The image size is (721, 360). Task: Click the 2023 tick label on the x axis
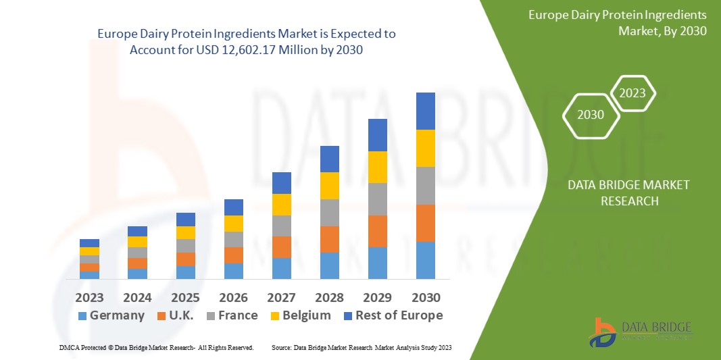click(89, 297)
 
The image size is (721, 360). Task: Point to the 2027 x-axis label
click(281, 297)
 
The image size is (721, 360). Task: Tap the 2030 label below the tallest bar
click(426, 297)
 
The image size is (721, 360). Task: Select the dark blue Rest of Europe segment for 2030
click(426, 111)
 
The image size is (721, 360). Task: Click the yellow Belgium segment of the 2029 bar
click(377, 167)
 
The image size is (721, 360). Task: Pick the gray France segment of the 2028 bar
click(329, 212)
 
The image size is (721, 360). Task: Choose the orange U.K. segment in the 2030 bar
click(426, 223)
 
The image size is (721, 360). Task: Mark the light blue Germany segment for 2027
click(281, 268)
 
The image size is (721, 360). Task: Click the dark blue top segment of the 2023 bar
click(89, 243)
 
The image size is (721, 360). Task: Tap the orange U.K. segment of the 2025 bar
click(185, 259)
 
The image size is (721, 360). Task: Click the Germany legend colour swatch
click(82, 316)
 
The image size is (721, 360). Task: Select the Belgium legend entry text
click(307, 315)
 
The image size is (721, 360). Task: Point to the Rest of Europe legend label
click(399, 315)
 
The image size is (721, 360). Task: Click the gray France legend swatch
click(210, 316)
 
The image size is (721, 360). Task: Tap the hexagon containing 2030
click(591, 115)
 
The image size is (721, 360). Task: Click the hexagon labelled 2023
click(632, 93)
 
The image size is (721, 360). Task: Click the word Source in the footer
click(281, 347)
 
